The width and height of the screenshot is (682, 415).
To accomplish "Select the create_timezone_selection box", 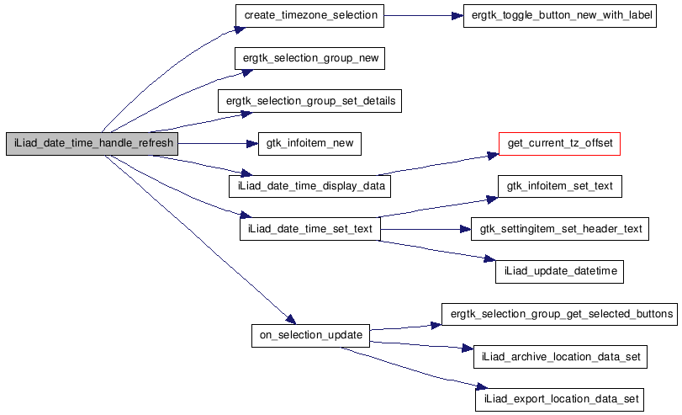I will [x=310, y=15].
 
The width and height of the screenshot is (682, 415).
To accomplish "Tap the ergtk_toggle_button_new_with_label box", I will [x=559, y=15].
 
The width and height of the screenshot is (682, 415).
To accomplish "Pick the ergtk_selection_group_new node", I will [x=310, y=58].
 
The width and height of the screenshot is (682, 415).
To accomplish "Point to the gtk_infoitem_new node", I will [x=309, y=143].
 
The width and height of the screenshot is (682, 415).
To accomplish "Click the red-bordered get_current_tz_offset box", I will [x=559, y=143].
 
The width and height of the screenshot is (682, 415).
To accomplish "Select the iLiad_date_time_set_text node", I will [x=309, y=228].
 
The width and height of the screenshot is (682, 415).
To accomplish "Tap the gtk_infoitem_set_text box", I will [x=559, y=186].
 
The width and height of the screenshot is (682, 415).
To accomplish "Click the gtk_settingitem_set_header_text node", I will [x=559, y=228].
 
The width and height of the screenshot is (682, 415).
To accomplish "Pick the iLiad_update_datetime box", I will [x=559, y=271].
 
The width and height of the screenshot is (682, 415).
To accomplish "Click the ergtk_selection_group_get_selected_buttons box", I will [x=559, y=314].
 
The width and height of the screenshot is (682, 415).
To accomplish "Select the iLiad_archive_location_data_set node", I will [x=559, y=357].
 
